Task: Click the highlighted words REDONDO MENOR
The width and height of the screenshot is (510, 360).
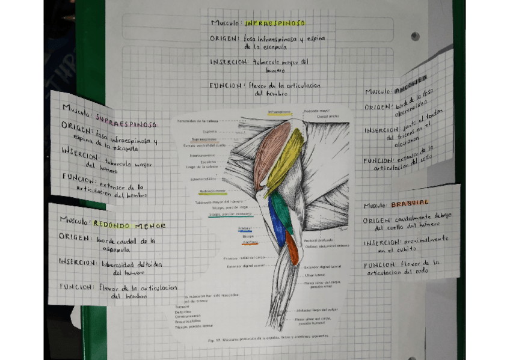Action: [129, 224]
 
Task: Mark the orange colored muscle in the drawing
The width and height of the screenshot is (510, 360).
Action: [292, 248]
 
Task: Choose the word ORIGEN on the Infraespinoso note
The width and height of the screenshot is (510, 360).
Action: [225, 38]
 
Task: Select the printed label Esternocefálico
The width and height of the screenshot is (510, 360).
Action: [203, 178]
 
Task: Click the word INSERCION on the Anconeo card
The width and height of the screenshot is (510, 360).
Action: [381, 130]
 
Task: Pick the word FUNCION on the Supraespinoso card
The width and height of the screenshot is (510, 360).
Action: [78, 178]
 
